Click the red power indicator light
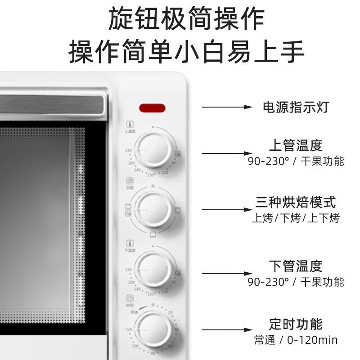[x=152, y=108]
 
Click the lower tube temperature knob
[x=153, y=269]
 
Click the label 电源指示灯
[x=296, y=107]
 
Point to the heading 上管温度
[x=296, y=145]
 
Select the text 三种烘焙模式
[x=296, y=202]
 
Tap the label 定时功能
[x=296, y=324]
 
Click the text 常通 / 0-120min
[x=296, y=340]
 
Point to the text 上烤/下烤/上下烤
[x=296, y=219]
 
